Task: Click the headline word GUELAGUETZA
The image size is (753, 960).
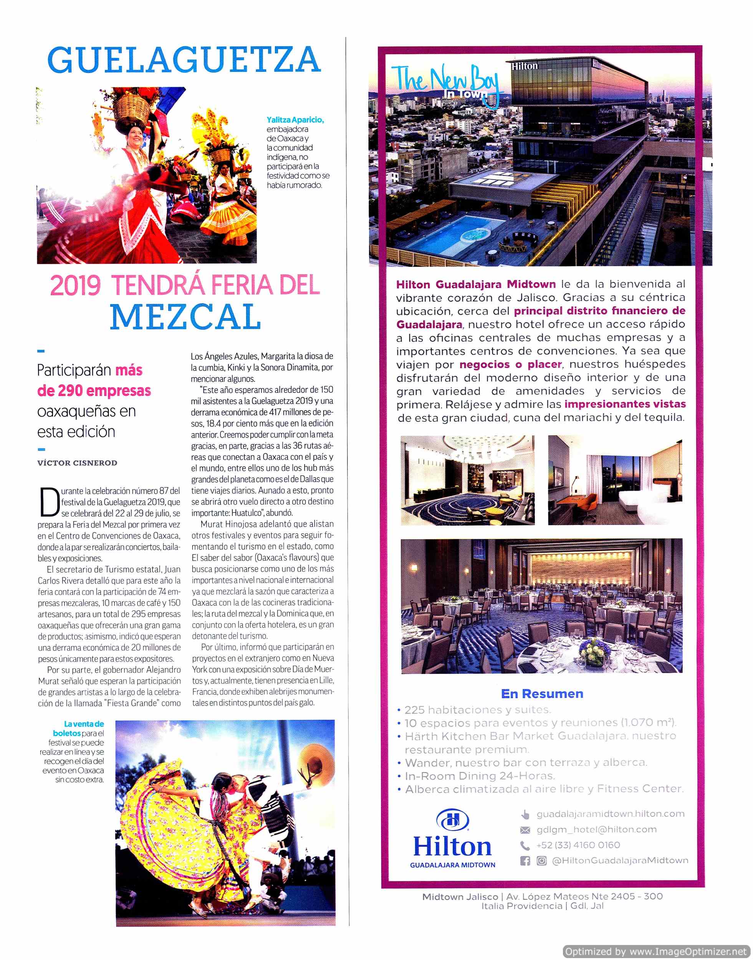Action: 184,60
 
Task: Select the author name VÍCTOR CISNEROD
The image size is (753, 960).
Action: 77,463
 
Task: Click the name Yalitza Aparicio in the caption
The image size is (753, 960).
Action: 295,120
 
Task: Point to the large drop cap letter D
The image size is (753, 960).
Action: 50,502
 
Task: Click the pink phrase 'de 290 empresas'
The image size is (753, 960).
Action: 94,391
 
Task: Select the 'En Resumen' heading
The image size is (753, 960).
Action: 542,694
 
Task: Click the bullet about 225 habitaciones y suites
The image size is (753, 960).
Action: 477,710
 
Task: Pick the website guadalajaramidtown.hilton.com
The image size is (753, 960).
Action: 610,814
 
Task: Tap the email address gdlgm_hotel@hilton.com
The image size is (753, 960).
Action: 596,829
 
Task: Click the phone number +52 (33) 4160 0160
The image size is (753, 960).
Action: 578,845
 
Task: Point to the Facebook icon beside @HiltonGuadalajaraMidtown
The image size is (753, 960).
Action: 525,861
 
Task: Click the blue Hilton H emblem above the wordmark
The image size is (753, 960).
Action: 452,820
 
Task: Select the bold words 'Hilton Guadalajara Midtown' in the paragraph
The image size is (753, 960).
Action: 476,284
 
